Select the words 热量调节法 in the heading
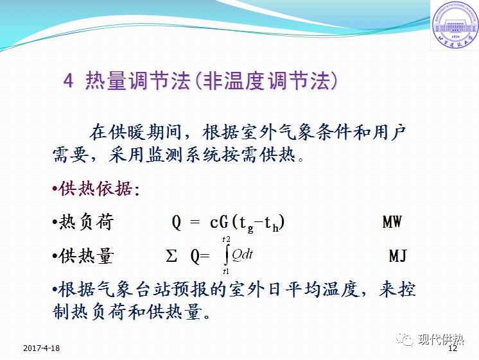(x=134, y=81)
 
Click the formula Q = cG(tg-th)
(x=228, y=223)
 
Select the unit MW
(x=392, y=223)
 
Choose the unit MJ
(x=398, y=256)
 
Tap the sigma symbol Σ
(x=171, y=256)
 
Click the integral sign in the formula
(x=226, y=256)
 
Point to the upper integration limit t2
(x=226, y=239)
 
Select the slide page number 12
(x=452, y=348)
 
